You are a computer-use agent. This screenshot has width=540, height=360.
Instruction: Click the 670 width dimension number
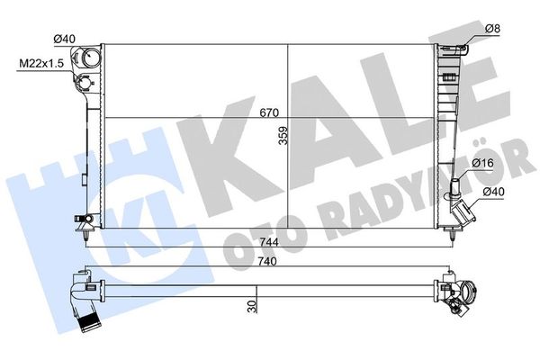(x=269, y=112)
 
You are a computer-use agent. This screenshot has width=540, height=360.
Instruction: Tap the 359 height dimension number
(x=283, y=135)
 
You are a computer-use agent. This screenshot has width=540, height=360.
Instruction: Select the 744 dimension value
(x=269, y=242)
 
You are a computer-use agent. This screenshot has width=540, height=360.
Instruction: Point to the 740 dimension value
(x=267, y=262)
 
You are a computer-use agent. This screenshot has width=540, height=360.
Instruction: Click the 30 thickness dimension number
(x=252, y=306)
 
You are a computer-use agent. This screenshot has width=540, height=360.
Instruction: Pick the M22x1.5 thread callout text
(x=41, y=63)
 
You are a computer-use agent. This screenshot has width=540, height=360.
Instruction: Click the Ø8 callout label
(x=492, y=28)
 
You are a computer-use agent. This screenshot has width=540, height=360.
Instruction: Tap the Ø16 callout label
(x=482, y=163)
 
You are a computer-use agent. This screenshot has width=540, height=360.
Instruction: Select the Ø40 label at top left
(x=65, y=39)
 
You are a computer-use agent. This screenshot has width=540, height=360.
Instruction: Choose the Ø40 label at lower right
(x=493, y=192)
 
